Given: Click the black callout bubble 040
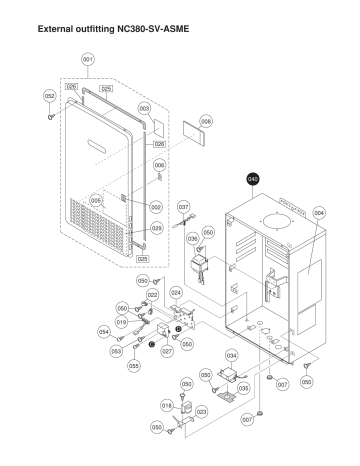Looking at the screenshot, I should (253, 180).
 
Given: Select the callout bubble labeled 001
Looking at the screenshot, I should (88, 61).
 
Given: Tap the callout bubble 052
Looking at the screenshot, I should (48, 96).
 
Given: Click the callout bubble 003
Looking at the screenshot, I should (144, 108).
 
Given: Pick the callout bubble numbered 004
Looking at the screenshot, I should (319, 213).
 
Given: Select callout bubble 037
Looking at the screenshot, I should (183, 207).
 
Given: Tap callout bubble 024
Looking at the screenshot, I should (176, 293).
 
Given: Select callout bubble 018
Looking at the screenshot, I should (167, 404).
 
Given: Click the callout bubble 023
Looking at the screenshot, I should (201, 411).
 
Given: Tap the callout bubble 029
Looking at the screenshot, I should (157, 229).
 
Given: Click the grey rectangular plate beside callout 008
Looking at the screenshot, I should (191, 138).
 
